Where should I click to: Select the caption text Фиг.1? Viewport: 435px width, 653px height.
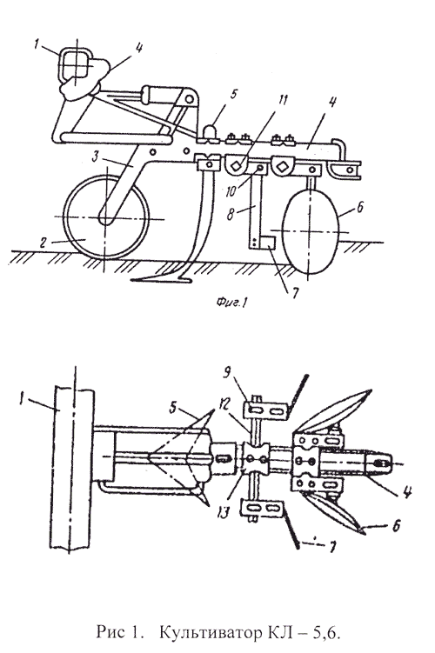231,302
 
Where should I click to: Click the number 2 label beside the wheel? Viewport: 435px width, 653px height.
43,243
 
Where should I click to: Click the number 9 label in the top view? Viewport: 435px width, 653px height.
227,372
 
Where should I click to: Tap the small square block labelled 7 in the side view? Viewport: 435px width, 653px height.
267,241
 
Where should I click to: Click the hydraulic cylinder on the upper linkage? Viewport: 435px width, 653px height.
157,95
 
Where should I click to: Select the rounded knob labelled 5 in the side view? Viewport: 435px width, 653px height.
211,132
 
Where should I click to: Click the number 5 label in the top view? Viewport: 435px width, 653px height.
172,407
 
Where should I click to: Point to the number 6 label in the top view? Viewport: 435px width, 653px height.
396,525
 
